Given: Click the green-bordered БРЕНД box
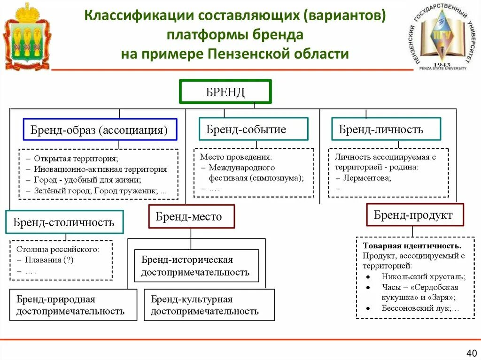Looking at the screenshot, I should click(x=225, y=92).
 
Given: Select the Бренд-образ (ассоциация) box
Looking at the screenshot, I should click(x=100, y=130).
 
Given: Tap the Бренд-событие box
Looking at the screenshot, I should click(x=253, y=129).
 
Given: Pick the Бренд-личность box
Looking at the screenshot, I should click(x=386, y=129).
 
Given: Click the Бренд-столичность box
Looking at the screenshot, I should click(x=64, y=222).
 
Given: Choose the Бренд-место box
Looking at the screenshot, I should click(x=191, y=217).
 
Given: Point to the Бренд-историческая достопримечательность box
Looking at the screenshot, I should click(x=196, y=266).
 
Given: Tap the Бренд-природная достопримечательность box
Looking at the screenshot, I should click(x=73, y=305).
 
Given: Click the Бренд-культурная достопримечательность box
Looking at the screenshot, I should click(x=209, y=305).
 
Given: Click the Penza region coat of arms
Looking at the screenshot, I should click(x=27, y=37).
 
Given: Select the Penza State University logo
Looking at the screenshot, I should click(x=440, y=37).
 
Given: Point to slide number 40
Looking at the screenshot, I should click(x=471, y=352).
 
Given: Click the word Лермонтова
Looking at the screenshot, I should click(x=367, y=178).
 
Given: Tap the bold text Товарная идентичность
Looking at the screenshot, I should click(x=411, y=246).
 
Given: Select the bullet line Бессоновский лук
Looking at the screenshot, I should click(x=420, y=308).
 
